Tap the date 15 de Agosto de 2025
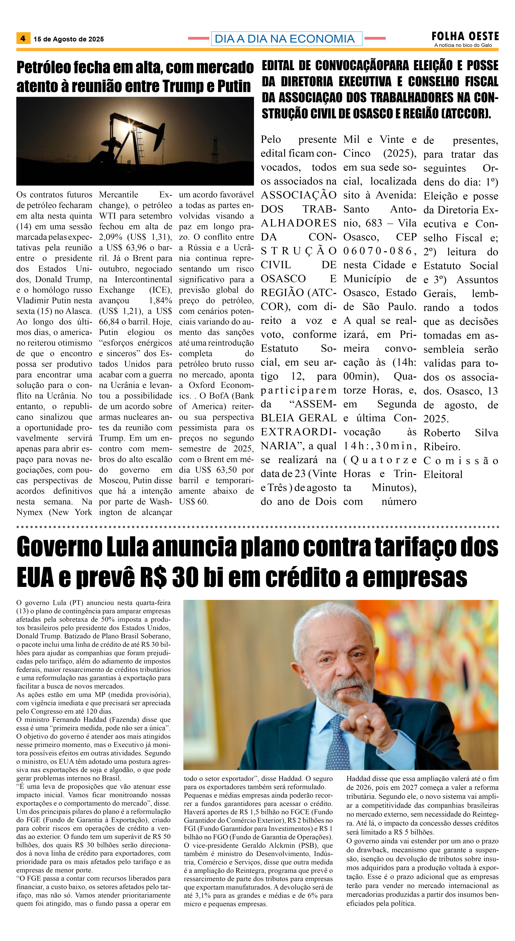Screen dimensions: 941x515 click(x=69, y=39)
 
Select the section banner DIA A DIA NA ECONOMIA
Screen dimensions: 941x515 click(x=286, y=39)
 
